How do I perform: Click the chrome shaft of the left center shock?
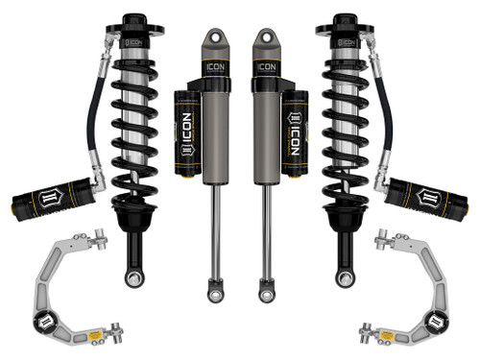[x=215, y=230]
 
